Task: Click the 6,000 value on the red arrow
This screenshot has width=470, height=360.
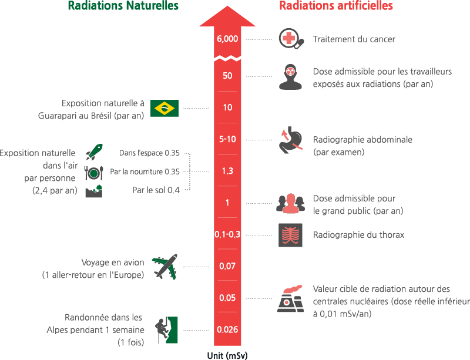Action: click(x=227, y=39)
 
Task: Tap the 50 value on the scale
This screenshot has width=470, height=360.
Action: click(x=227, y=76)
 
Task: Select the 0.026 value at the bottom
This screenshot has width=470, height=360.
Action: click(x=227, y=329)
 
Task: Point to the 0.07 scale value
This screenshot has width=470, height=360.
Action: click(x=227, y=266)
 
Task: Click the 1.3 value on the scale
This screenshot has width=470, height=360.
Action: click(x=227, y=171)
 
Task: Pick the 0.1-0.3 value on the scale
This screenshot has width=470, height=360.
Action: click(x=227, y=234)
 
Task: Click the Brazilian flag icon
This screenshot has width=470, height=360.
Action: click(x=165, y=108)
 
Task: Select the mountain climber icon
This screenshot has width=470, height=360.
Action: click(x=166, y=329)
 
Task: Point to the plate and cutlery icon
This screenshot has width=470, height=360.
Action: click(x=93, y=172)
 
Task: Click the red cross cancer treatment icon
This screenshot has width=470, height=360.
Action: click(x=291, y=39)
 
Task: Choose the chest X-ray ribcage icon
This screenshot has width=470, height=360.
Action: click(x=291, y=234)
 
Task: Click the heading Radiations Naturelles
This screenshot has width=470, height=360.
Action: click(x=123, y=6)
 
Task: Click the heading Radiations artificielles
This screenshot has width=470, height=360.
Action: click(x=336, y=6)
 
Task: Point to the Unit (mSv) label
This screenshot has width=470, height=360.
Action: click(x=227, y=355)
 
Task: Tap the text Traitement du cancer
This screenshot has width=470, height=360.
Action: click(x=354, y=39)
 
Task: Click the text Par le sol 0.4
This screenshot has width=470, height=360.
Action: click(x=156, y=190)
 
